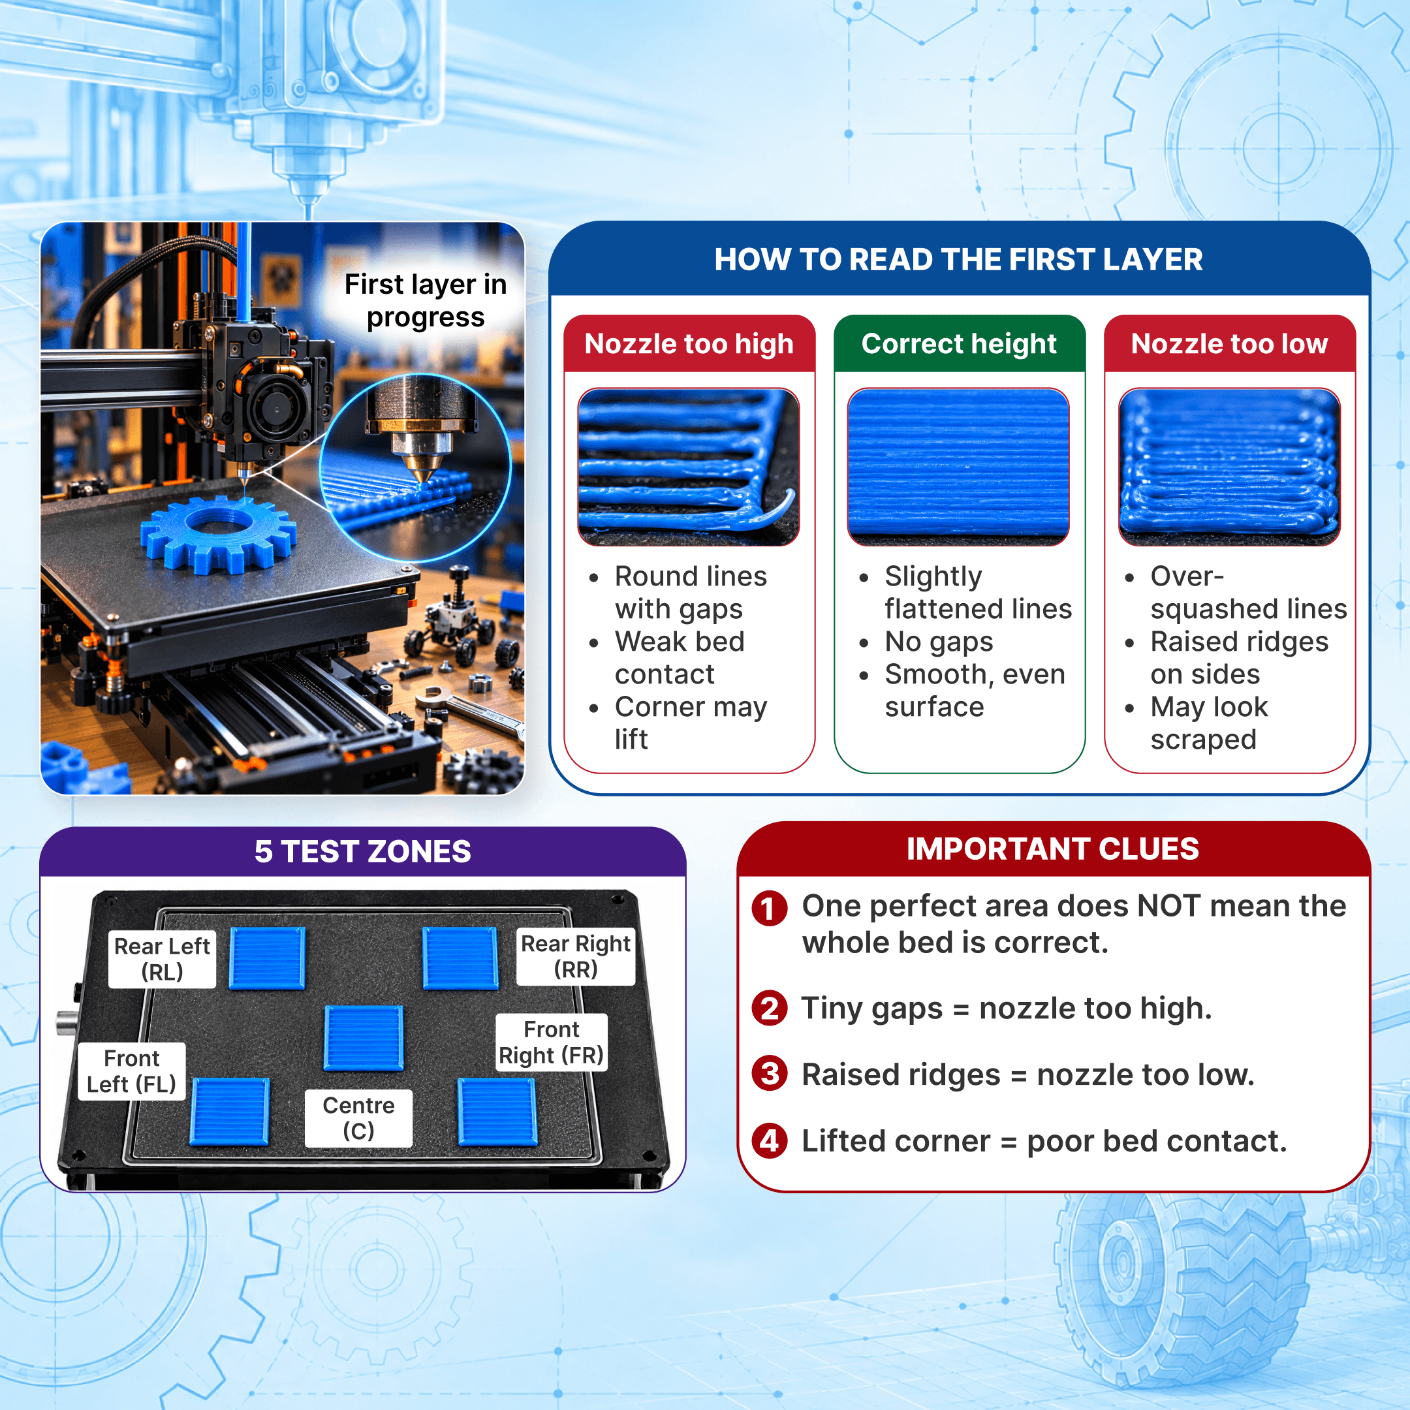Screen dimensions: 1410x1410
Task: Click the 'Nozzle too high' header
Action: click(x=689, y=344)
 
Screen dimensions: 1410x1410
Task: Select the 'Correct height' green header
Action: click(x=959, y=344)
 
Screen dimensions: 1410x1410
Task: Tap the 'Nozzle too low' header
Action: click(x=1230, y=344)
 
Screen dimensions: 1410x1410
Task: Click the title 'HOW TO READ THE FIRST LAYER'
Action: click(x=958, y=260)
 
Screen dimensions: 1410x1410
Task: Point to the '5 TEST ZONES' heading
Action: click(x=363, y=852)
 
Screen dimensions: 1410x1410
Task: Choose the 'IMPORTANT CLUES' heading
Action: click(x=1053, y=849)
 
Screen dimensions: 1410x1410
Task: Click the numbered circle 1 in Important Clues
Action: click(x=769, y=909)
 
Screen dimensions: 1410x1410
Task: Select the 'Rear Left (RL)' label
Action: click(x=162, y=959)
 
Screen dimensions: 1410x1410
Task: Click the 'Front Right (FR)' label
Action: click(x=552, y=1042)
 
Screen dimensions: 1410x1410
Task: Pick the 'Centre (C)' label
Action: click(x=358, y=1118)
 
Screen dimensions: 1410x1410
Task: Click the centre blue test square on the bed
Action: click(x=364, y=1038)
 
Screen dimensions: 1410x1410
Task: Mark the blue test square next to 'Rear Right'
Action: click(x=460, y=958)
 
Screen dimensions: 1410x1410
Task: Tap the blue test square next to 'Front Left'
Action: click(x=230, y=1112)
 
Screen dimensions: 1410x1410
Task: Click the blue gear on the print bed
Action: click(x=218, y=533)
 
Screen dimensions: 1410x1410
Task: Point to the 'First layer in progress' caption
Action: click(x=426, y=301)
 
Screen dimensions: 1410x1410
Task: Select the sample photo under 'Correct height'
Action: click(x=958, y=467)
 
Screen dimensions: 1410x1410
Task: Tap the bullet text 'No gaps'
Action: click(x=939, y=642)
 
